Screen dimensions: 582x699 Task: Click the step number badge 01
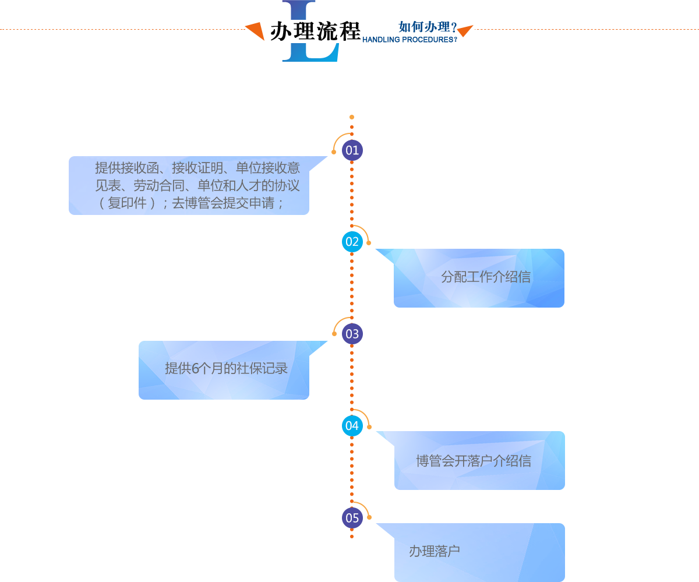coord(352,150)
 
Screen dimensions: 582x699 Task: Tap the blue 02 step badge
coord(352,242)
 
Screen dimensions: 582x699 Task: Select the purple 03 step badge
coord(352,334)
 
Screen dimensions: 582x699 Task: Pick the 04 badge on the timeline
coord(352,426)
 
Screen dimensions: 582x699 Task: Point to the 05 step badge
coord(352,518)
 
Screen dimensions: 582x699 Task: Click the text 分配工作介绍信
coord(486,277)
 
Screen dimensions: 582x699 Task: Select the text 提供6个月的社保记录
coord(226,369)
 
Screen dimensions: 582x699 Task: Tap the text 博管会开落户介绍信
coord(473,461)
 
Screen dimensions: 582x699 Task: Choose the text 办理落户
coord(434,551)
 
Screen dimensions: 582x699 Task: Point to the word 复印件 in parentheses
coord(127,204)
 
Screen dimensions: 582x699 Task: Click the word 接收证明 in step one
coord(197,168)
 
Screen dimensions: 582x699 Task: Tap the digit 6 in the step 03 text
coord(195,369)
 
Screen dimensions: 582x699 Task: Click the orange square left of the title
coord(254,31)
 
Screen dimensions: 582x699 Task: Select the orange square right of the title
coord(465,31)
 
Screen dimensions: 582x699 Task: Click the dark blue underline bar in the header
coord(409,40)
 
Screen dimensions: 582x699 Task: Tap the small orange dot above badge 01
coord(352,117)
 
